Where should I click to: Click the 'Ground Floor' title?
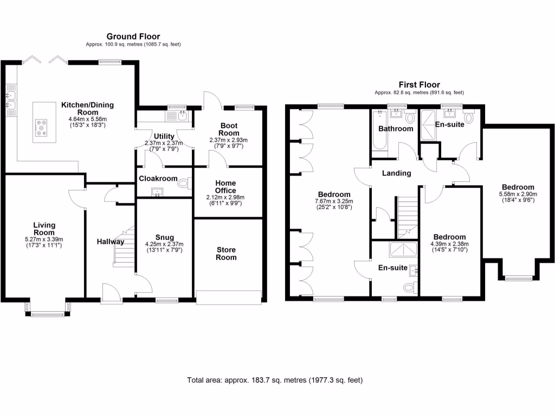tap(133, 36)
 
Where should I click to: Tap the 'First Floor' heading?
tap(419, 85)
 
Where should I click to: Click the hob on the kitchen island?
tap(41, 128)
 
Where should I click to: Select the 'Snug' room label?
tap(164, 237)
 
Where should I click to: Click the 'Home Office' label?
tap(225, 187)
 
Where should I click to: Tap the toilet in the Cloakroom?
tap(185, 184)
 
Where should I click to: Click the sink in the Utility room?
tap(182, 115)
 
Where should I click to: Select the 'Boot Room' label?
tap(228, 129)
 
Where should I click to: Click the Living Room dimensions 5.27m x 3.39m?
tap(44, 239)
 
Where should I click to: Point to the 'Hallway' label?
tap(111, 242)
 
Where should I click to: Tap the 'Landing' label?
tap(396, 174)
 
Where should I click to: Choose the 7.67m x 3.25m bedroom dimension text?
tap(334, 201)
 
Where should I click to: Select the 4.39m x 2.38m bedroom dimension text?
tap(449, 244)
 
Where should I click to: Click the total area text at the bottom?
tap(275, 380)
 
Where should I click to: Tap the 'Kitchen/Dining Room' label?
tap(87, 109)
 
